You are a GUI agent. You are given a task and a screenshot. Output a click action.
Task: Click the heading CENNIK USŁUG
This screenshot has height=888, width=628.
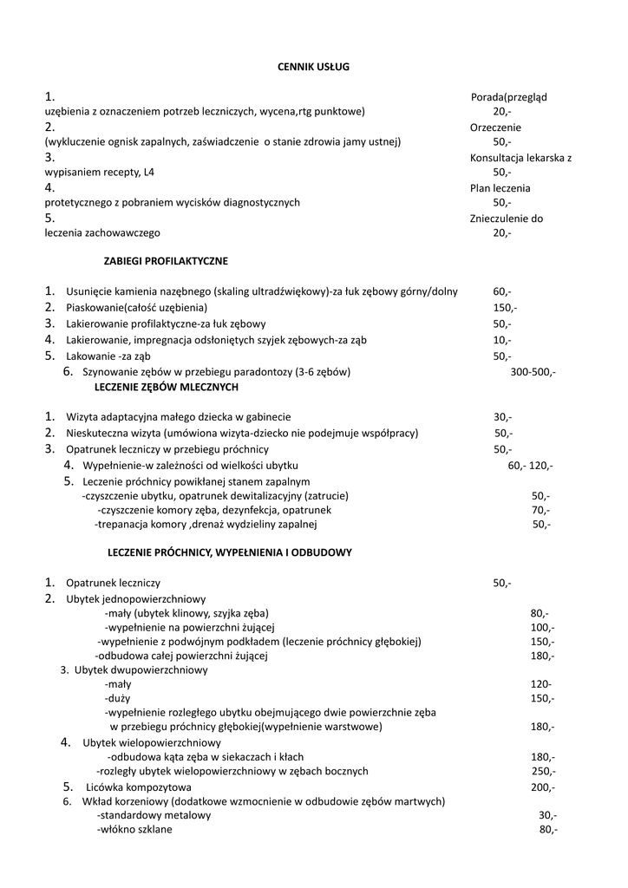[313, 66]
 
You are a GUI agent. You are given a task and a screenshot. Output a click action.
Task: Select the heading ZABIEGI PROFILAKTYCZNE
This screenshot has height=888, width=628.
[166, 260]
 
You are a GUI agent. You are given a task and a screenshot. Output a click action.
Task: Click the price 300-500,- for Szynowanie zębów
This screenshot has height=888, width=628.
[533, 372]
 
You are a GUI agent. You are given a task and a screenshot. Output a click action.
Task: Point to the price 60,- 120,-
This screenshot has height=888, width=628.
[530, 466]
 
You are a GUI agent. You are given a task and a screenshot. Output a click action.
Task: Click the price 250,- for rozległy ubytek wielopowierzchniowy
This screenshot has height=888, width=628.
[544, 771]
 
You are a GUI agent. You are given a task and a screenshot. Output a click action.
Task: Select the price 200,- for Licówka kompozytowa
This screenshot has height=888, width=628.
[543, 787]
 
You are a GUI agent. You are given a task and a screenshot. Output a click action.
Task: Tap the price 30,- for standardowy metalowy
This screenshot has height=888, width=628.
[548, 816]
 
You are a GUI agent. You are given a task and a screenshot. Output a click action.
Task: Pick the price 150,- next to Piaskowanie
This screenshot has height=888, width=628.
[505, 308]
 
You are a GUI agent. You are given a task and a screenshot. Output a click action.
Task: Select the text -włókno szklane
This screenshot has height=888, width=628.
[134, 830]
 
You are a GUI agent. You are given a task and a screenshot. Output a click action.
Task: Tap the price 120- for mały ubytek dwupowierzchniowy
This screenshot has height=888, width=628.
[541, 683]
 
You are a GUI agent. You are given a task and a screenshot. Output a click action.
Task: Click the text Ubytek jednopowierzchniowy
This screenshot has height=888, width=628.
[135, 599]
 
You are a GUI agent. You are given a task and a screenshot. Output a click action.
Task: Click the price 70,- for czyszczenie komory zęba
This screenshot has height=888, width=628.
[541, 510]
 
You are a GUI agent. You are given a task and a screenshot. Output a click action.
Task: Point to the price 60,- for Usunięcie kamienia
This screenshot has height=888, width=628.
[502, 291]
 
